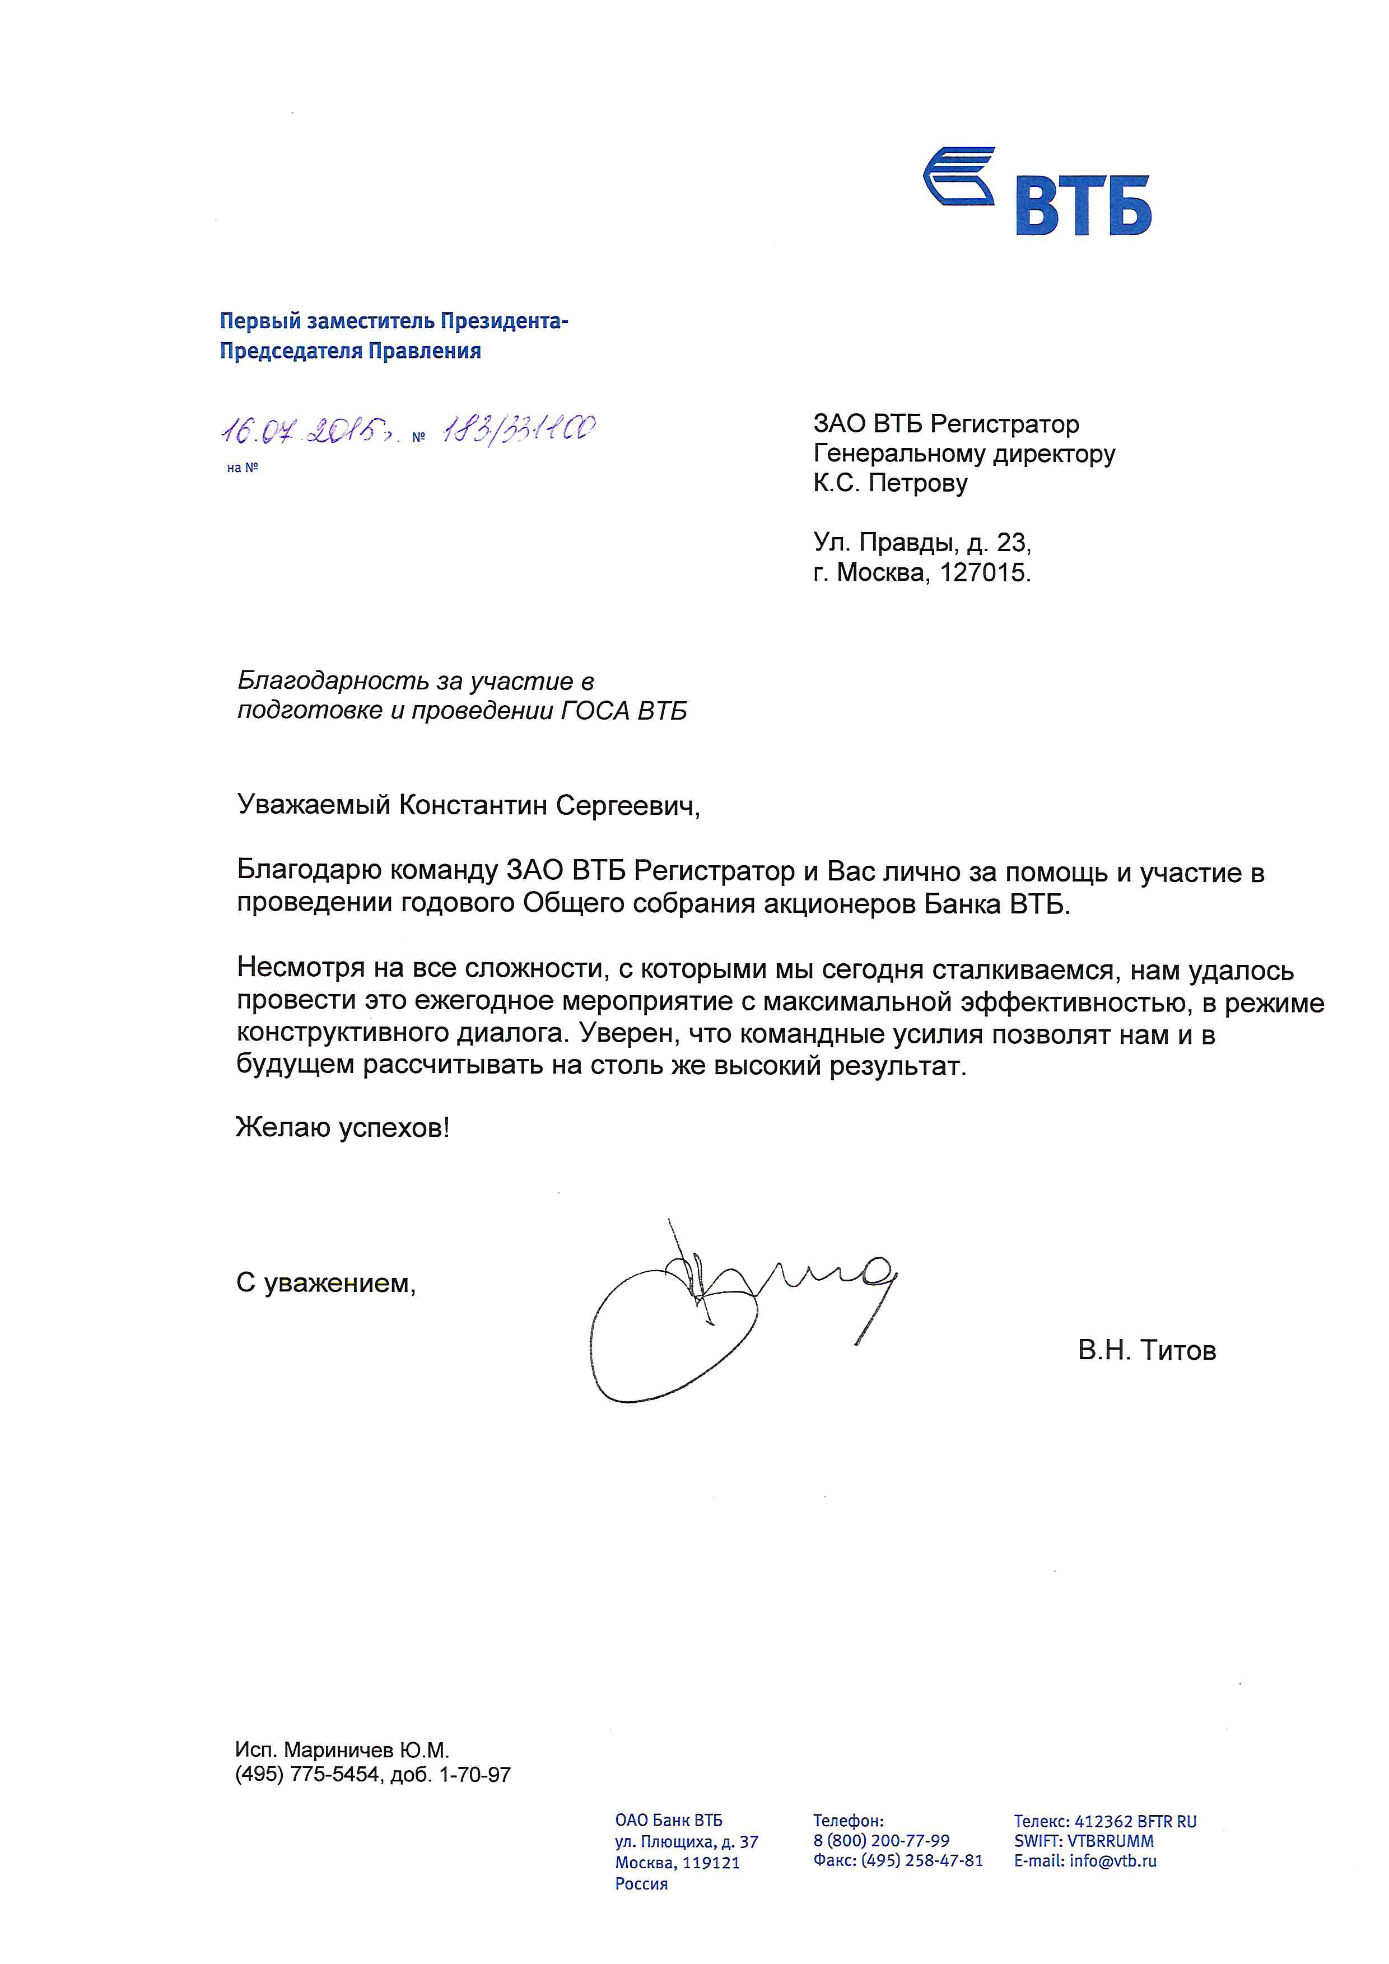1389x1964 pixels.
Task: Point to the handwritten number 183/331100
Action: (x=518, y=428)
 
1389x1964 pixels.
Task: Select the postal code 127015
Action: (x=984, y=572)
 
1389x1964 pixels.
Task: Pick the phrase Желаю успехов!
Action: (x=343, y=1127)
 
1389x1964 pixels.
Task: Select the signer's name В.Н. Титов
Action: (x=1146, y=1351)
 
